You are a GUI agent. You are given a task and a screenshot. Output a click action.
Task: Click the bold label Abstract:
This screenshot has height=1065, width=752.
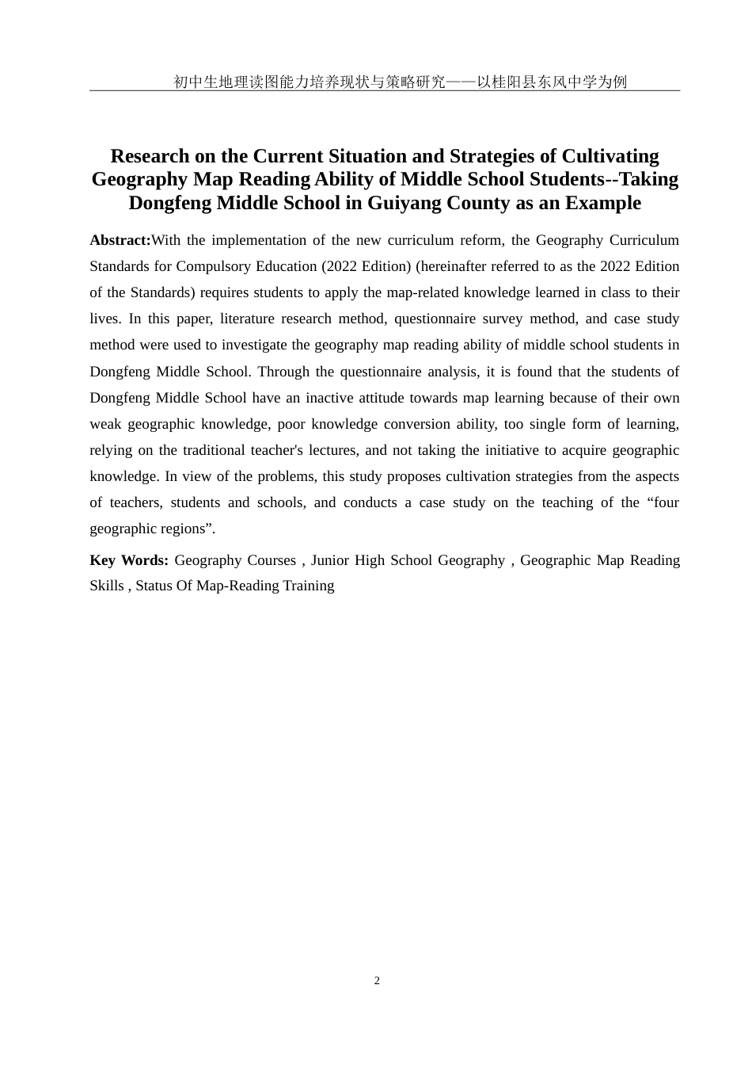[x=120, y=240]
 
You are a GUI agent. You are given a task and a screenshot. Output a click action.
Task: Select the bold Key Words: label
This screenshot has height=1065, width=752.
[x=128, y=560]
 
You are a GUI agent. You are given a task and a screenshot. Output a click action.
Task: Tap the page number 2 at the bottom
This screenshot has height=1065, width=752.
[x=377, y=981]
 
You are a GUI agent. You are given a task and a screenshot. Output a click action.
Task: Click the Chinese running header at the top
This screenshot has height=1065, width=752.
[x=400, y=82]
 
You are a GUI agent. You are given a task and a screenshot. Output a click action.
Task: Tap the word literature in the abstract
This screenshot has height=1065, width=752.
[x=249, y=319]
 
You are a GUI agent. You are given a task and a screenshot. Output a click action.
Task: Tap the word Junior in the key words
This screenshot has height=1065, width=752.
[x=329, y=560]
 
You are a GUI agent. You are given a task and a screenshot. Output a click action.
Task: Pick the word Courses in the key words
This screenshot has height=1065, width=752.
[x=272, y=560]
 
